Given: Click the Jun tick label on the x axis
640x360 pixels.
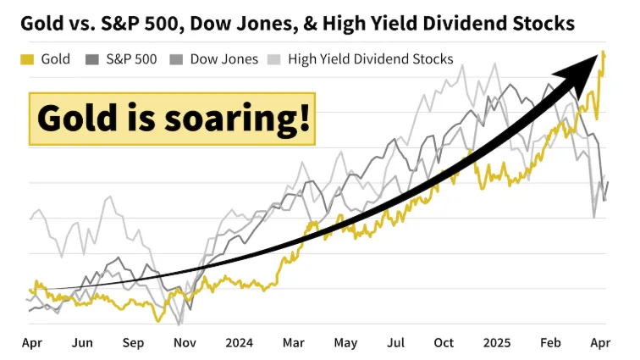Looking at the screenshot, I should coord(82,343).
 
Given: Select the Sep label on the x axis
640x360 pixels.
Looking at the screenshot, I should coord(133,343).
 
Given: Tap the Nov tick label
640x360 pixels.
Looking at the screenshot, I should coord(185,343).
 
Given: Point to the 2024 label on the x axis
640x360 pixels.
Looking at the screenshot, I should coord(240,343).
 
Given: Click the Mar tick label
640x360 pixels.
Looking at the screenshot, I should coord(293,343).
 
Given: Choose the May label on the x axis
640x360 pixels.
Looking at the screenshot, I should coord(345,343).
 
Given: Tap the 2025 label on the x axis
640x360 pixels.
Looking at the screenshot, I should coord(496,343).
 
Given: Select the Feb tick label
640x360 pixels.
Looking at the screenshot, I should coord(551,343).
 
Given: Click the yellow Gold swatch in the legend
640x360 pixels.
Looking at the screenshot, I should coord(27,59).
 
